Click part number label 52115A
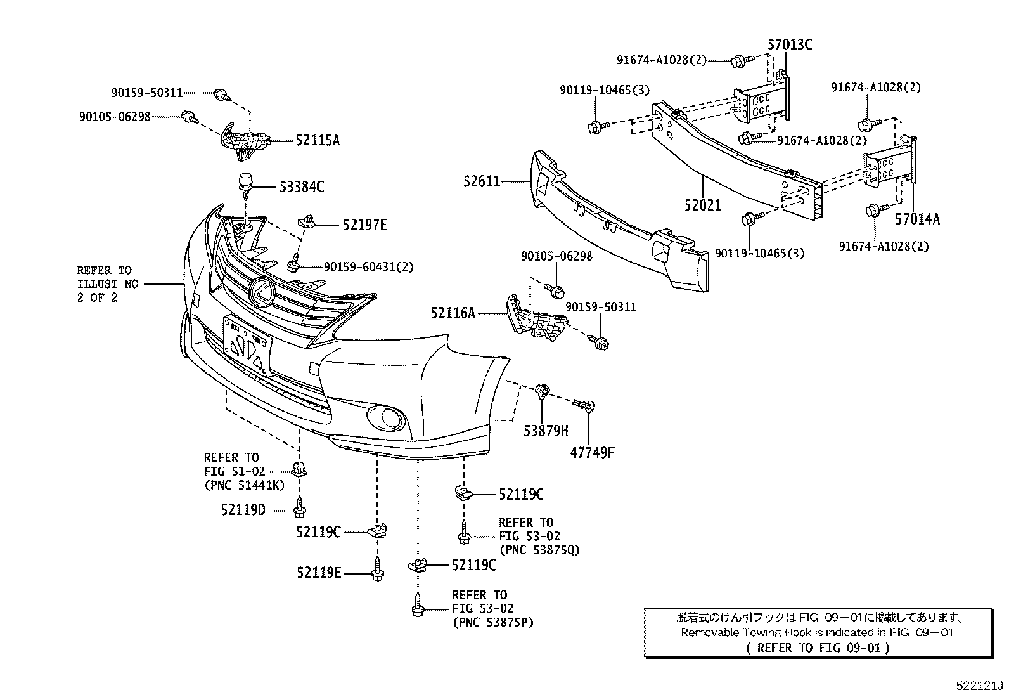pyautogui.click(x=317, y=140)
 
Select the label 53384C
pyautogui.click(x=302, y=186)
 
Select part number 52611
pyautogui.click(x=482, y=182)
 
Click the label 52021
pyautogui.click(x=702, y=205)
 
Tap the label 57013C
pyautogui.click(x=790, y=44)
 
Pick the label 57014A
pyautogui.click(x=917, y=219)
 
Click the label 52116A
pyautogui.click(x=453, y=312)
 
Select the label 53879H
pyautogui.click(x=546, y=431)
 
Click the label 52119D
pyautogui.click(x=243, y=509)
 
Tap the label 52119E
pyautogui.click(x=319, y=573)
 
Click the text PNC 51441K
pyautogui.click(x=245, y=485)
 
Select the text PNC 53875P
pyautogui.click(x=493, y=622)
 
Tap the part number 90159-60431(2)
pyautogui.click(x=368, y=267)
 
